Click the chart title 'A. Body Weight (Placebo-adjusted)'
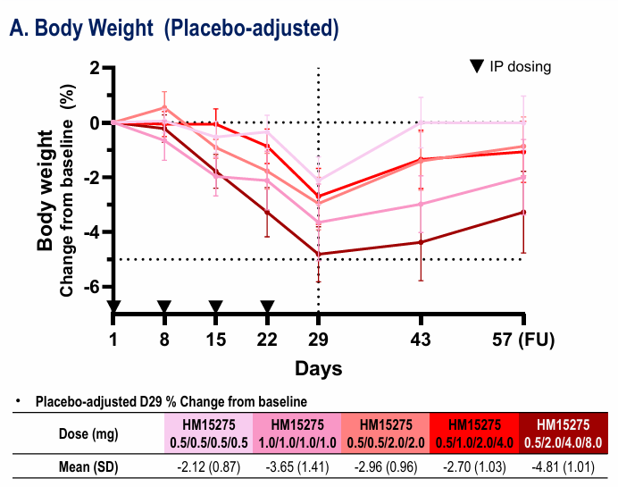click(174, 29)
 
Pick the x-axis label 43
click(422, 340)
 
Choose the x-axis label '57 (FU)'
click(543, 340)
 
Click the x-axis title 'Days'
click(319, 367)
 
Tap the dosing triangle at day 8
click(164, 307)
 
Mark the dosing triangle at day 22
click(267, 307)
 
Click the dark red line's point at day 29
click(319, 255)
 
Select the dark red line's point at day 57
click(523, 212)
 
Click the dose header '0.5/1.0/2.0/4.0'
click(474, 442)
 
